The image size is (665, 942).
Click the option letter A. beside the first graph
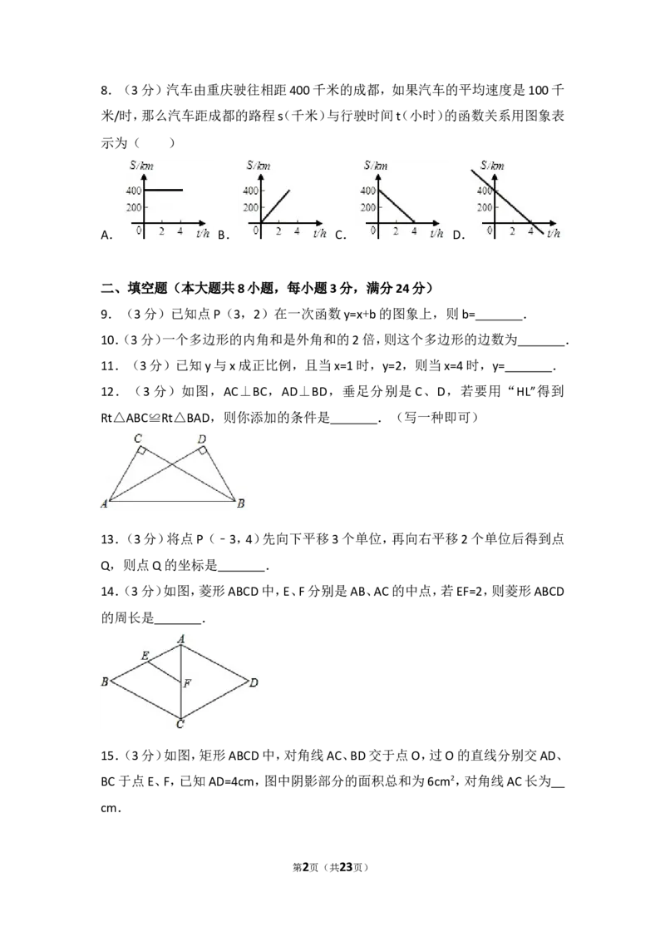coord(106,235)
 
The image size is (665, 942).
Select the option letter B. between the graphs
coord(224,235)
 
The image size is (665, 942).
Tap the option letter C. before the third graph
coord(340,235)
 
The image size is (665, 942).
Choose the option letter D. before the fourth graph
coord(459,235)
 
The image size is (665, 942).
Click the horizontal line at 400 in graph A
coord(163,191)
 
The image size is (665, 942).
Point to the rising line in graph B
coord(274,207)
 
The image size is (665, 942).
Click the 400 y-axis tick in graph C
coord(367,191)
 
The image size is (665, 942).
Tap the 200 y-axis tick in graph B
coord(250,208)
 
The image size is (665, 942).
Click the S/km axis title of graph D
coord(492,166)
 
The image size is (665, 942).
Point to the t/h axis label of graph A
coord(203,233)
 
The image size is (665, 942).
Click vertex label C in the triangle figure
coord(137,439)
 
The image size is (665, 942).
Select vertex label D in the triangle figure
coord(202,439)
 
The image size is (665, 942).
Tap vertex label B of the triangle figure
coord(241,503)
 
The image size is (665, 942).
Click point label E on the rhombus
coord(145,656)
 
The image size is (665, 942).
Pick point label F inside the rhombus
coord(187,683)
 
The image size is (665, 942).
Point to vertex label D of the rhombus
coord(254,682)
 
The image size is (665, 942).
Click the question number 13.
coord(109,539)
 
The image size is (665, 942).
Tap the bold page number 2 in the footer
coord(306,867)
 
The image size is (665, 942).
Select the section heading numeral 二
coord(107,289)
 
